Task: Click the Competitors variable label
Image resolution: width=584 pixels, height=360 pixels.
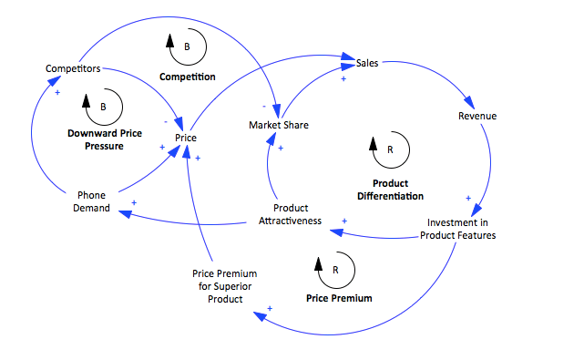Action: (x=72, y=68)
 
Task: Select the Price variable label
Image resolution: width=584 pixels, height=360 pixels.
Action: (x=187, y=138)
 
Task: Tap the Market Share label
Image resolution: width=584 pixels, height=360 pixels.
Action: (x=279, y=125)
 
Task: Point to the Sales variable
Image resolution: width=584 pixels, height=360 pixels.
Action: (x=366, y=64)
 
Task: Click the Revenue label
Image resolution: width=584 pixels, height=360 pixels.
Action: (x=476, y=116)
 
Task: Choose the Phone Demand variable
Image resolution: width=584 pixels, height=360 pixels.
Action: (x=93, y=201)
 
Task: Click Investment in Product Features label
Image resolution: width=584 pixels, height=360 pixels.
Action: (x=457, y=228)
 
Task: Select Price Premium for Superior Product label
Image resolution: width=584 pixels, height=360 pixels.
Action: (x=224, y=286)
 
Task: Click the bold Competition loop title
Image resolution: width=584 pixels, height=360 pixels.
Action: (x=188, y=77)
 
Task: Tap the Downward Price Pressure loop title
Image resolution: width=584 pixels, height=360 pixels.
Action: (x=104, y=139)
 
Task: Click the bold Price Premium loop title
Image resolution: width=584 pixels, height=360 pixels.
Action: (x=339, y=298)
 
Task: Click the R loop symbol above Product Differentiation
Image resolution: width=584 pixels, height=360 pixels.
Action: (x=386, y=149)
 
